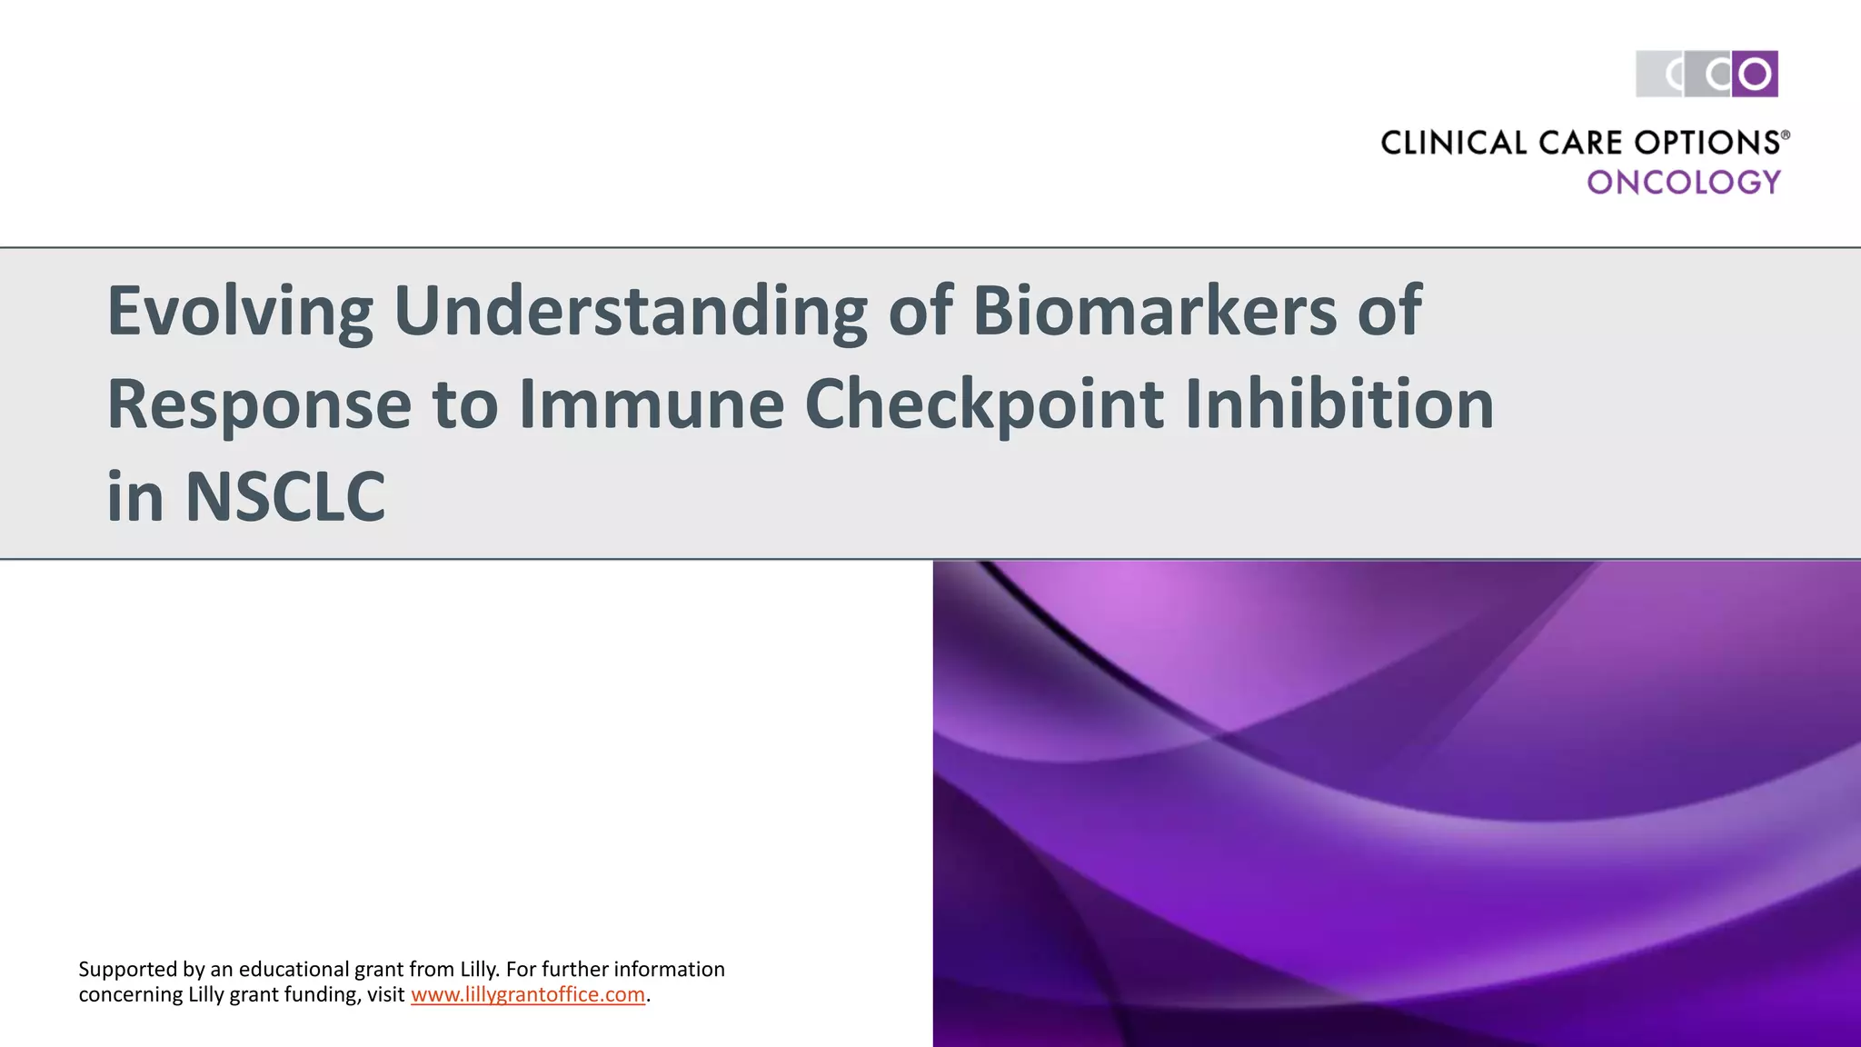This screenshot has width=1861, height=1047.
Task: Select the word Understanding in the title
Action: (630, 311)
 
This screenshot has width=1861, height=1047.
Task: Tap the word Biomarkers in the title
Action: (1154, 311)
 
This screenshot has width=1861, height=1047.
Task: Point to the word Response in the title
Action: (259, 405)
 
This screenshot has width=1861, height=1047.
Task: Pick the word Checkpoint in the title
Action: (984, 405)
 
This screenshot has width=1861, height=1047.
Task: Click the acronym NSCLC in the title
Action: (285, 497)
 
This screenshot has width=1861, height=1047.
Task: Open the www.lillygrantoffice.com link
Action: (528, 994)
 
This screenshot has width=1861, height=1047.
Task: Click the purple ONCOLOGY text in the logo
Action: (1684, 183)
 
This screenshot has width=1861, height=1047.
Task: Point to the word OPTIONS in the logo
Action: (1706, 144)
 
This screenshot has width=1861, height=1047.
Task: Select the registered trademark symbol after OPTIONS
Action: (1785, 135)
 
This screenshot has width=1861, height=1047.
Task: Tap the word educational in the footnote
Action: (294, 970)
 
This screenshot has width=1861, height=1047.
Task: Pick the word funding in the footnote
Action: (322, 994)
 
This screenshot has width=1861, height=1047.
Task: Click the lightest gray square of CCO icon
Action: (1659, 74)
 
